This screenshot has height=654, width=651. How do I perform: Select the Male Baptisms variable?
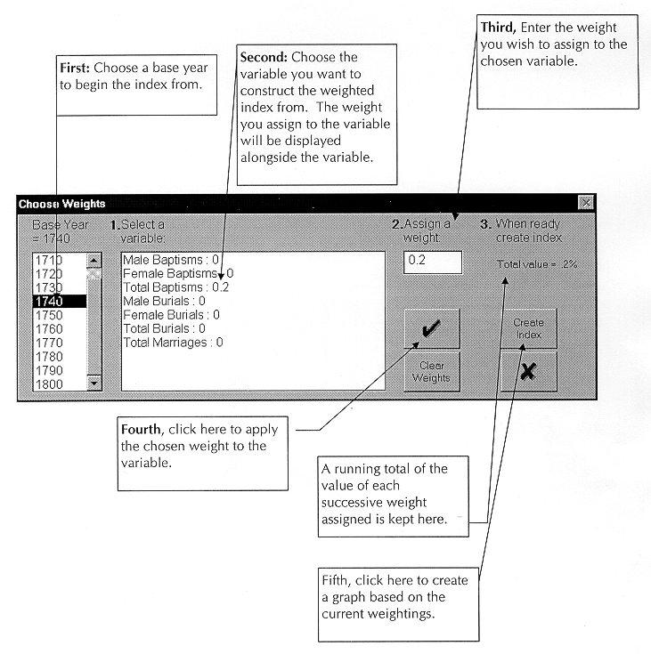pos(171,260)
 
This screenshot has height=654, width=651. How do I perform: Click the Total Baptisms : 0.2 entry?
pos(176,287)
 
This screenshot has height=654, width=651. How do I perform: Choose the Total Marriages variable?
pos(173,342)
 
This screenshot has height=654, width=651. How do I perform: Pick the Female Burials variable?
pos(171,314)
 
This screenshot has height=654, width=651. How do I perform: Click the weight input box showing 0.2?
pos(433,262)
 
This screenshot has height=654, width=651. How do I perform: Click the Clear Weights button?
pos(432,371)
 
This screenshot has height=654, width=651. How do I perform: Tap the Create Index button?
pos(529,328)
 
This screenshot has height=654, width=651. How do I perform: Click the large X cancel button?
pos(529,371)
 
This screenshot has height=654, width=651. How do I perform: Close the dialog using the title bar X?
pos(585,203)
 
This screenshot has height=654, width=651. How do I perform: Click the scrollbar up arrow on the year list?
pos(95,260)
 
